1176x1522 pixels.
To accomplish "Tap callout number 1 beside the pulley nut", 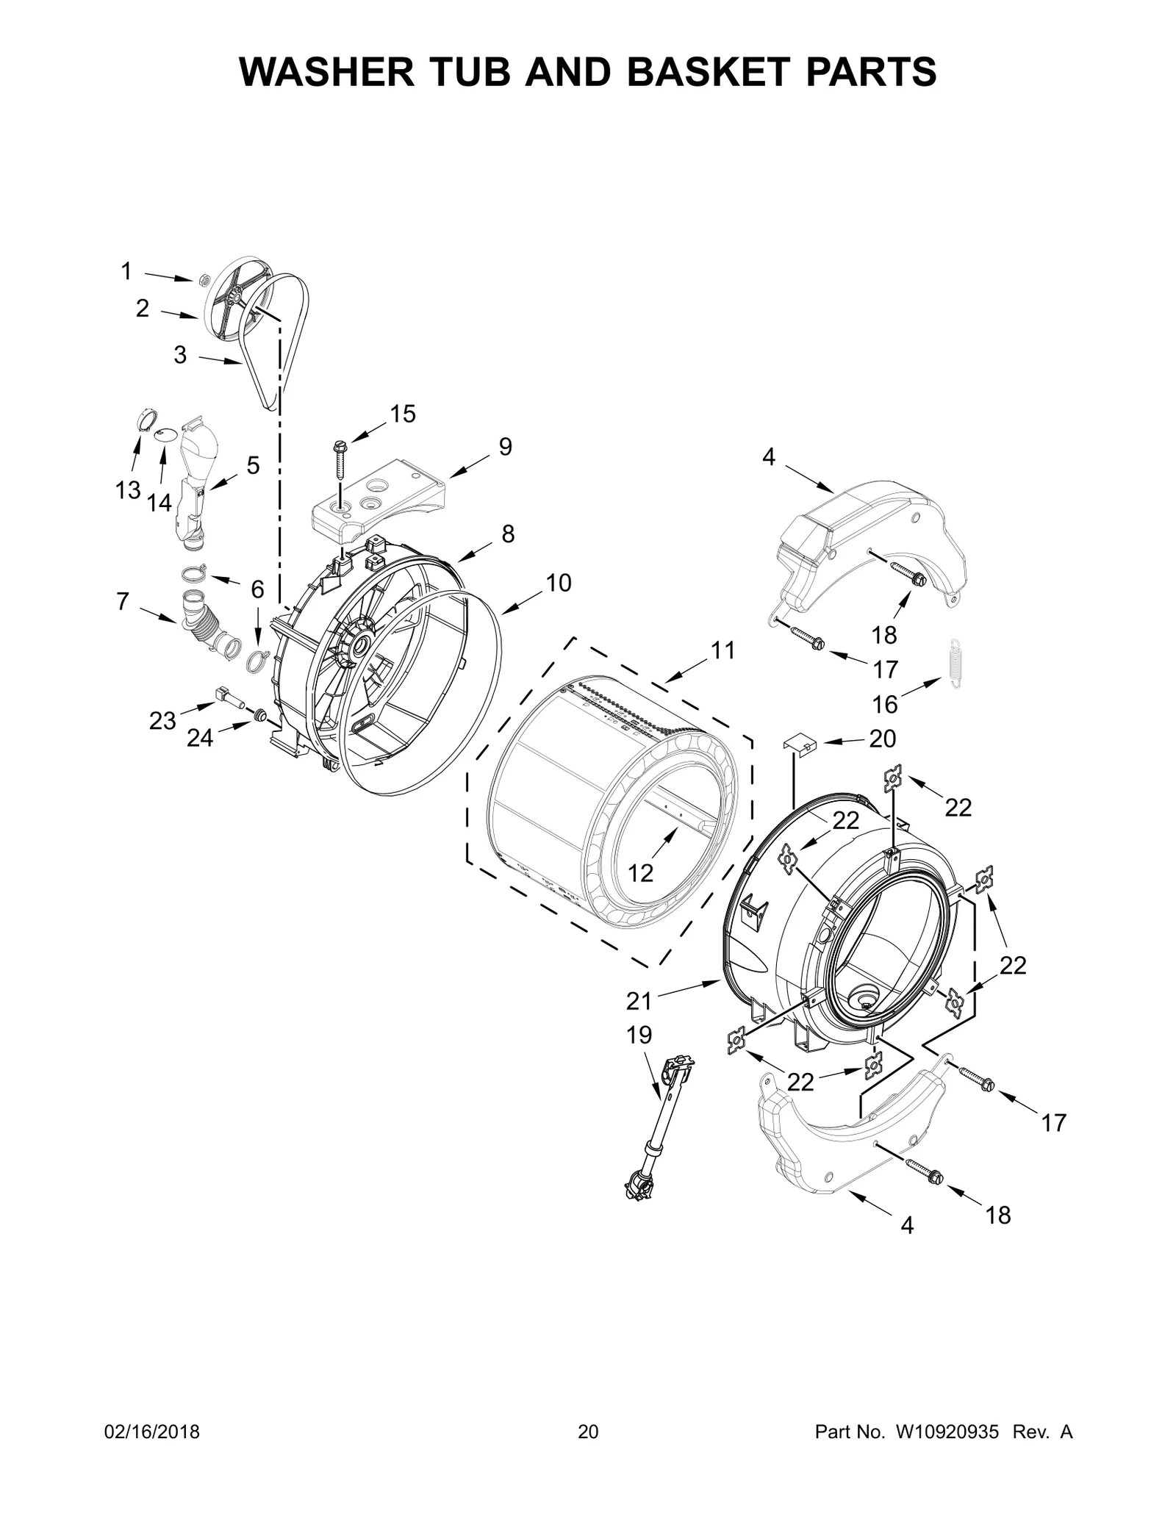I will click(126, 272).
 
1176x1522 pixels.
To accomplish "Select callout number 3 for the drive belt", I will click(180, 356).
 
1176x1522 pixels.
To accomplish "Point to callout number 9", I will click(505, 446).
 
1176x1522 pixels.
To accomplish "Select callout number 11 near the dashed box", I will click(723, 650).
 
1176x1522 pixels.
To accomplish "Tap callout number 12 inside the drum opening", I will click(640, 873).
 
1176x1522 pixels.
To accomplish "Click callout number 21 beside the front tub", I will click(639, 1000).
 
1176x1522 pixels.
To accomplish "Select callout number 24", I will click(199, 737).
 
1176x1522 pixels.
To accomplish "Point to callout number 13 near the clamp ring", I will click(127, 489).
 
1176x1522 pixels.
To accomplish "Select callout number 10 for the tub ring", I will click(559, 583).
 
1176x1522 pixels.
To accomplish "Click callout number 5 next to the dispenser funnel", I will click(253, 465).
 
